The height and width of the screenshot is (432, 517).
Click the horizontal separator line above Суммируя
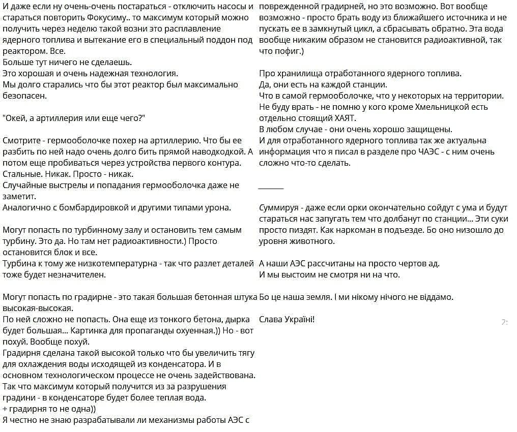(x=271, y=188)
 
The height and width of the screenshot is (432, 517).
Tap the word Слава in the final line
(x=270, y=319)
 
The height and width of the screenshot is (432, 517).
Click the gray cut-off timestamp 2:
(x=504, y=322)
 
